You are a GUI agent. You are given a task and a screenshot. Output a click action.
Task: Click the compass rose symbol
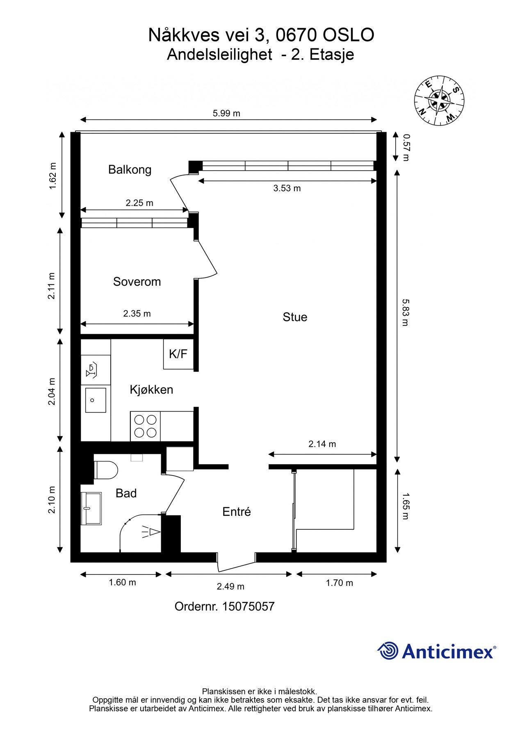[x=440, y=100]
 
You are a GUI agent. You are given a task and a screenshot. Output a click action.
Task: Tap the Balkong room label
[x=130, y=169]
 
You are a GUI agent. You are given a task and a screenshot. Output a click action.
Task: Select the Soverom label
[x=137, y=282]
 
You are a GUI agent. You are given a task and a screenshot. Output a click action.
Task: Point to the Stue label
[x=295, y=317]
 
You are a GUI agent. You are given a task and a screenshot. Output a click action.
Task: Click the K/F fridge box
[x=178, y=354]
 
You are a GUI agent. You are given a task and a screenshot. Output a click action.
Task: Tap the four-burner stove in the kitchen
[x=146, y=426]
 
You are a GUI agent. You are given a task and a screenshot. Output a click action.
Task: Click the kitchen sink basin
[x=96, y=400]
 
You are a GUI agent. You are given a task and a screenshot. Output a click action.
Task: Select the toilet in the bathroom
[x=106, y=470]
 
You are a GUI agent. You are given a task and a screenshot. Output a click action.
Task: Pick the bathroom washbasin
[x=91, y=508]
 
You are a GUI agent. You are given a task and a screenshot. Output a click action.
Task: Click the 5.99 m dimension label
[x=226, y=113]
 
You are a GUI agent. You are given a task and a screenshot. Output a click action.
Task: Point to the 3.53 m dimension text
[x=287, y=188]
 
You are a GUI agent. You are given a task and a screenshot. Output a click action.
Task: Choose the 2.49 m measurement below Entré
[x=230, y=586]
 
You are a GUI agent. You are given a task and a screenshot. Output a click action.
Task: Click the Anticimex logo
[x=437, y=651]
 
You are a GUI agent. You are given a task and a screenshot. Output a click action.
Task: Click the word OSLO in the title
[x=348, y=35]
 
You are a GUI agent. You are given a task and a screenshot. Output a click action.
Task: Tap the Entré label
[x=237, y=512]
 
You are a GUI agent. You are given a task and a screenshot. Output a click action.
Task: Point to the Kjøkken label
[x=151, y=389]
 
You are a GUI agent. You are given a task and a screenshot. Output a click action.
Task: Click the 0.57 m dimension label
[x=406, y=147]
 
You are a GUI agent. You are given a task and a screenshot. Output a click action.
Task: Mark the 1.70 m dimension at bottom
[x=340, y=583]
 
